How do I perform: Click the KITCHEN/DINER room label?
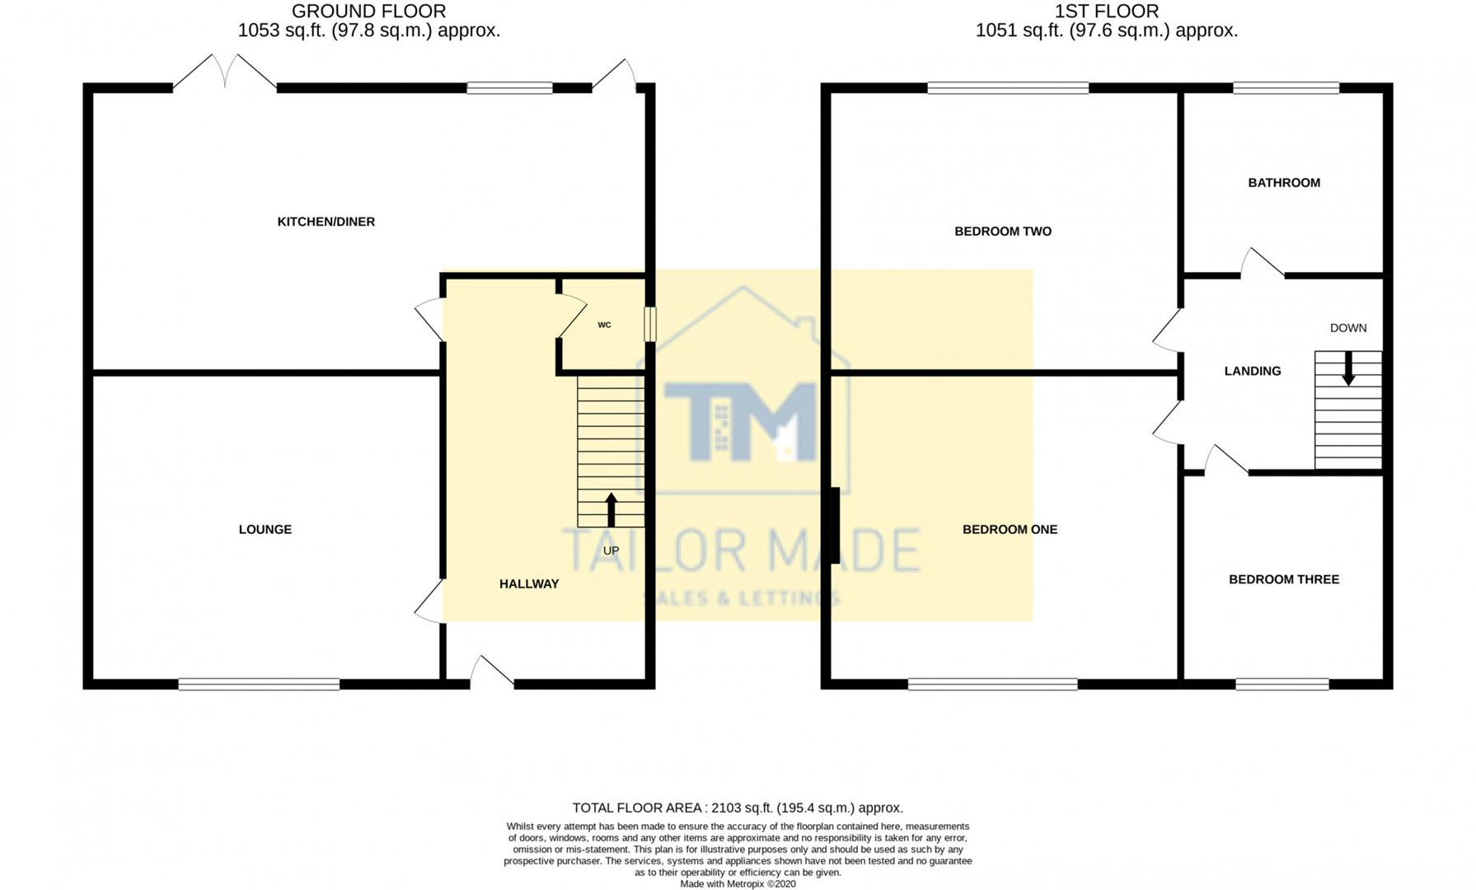[x=326, y=222]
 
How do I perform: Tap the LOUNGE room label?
[x=265, y=530]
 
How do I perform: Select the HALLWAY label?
[x=528, y=584]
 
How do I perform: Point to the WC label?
[x=604, y=326]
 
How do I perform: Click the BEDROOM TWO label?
[x=1002, y=232]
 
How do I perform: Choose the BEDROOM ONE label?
[x=1009, y=530]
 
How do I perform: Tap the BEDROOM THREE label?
[x=1283, y=579]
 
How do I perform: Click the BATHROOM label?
[x=1283, y=183]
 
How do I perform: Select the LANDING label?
[x=1252, y=372]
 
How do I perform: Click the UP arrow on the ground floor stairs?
[x=611, y=509]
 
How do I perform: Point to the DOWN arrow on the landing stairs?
[x=1348, y=368]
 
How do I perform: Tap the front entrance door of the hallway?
[x=491, y=672]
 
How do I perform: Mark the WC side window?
[x=650, y=324]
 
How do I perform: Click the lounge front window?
[x=259, y=684]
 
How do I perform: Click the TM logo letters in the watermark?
[x=742, y=420]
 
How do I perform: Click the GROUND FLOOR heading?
[x=368, y=12]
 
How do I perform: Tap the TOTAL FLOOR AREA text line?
[x=738, y=808]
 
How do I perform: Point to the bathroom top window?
[x=1286, y=87]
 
